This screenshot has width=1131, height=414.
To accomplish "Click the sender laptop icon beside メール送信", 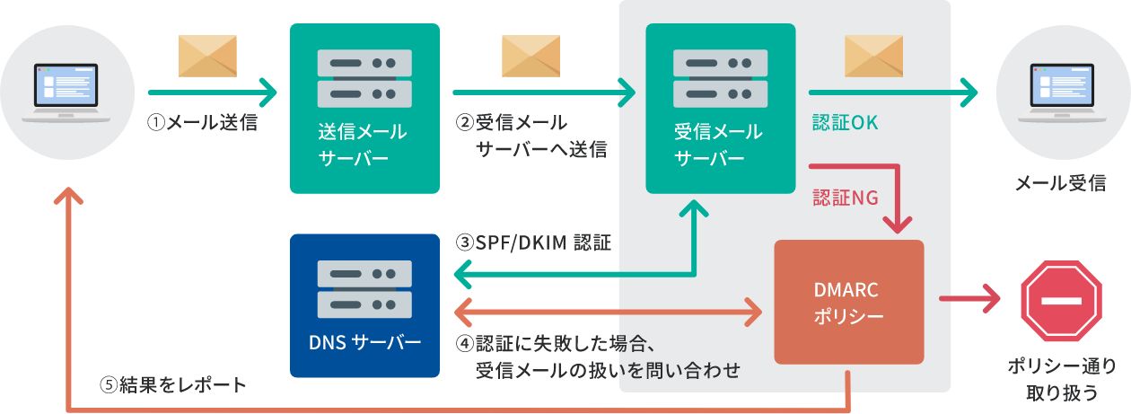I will coord(72,92).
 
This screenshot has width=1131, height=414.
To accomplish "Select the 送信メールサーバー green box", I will coord(364,108).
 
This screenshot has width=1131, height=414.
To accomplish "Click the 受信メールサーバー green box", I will coord(720,108).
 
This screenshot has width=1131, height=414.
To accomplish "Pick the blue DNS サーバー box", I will coord(364,305).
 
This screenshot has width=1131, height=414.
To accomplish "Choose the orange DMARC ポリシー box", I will coord(848,302).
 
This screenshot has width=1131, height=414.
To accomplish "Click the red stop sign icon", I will coord(1060,301).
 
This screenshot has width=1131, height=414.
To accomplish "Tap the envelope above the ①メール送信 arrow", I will coord(207,56).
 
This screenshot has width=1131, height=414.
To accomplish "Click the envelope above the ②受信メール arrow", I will coord(530,56).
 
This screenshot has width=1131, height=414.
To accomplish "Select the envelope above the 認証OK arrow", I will coord(873,56).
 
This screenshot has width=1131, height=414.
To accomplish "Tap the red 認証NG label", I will coord(845,198).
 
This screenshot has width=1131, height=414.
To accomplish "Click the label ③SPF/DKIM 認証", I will coord(533,242).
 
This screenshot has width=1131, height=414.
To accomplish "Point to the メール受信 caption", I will coord(1060,184).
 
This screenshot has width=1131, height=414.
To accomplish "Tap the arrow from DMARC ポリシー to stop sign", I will coord(969,299).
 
